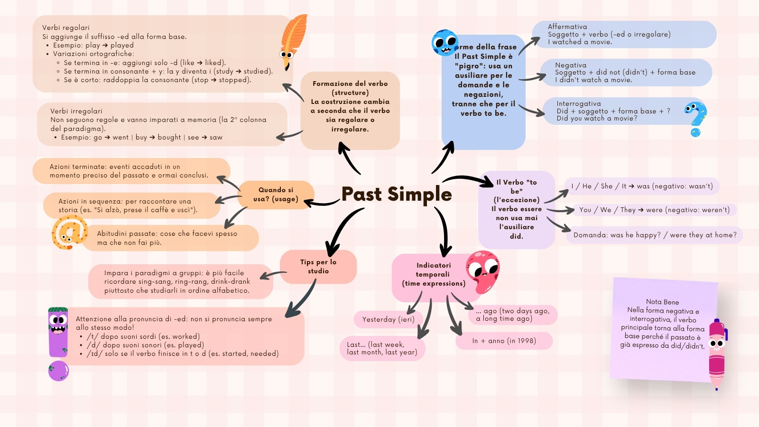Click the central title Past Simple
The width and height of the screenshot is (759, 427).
pos(397,194)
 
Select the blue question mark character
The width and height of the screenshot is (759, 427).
pos(696,118)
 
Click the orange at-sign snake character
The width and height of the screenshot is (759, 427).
pos(69,232)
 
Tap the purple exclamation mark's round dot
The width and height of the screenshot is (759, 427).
pos(59,371)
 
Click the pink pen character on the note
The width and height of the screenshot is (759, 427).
pos(717,354)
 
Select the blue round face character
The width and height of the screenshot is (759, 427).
pos(444,43)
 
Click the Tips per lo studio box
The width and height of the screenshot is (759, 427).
pos(318,267)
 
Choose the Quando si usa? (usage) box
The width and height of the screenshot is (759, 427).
pos(276,195)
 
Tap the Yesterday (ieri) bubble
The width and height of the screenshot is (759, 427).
pos(389,319)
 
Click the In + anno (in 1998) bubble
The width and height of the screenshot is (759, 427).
pos(504,341)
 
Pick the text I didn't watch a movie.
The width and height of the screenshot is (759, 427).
pos(593,80)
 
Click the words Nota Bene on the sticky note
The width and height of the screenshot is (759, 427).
pos(662,302)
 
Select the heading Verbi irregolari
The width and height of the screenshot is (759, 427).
pos(76,111)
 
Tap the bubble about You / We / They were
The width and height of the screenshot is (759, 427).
pos(654,210)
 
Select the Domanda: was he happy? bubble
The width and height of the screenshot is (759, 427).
pos(655,235)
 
